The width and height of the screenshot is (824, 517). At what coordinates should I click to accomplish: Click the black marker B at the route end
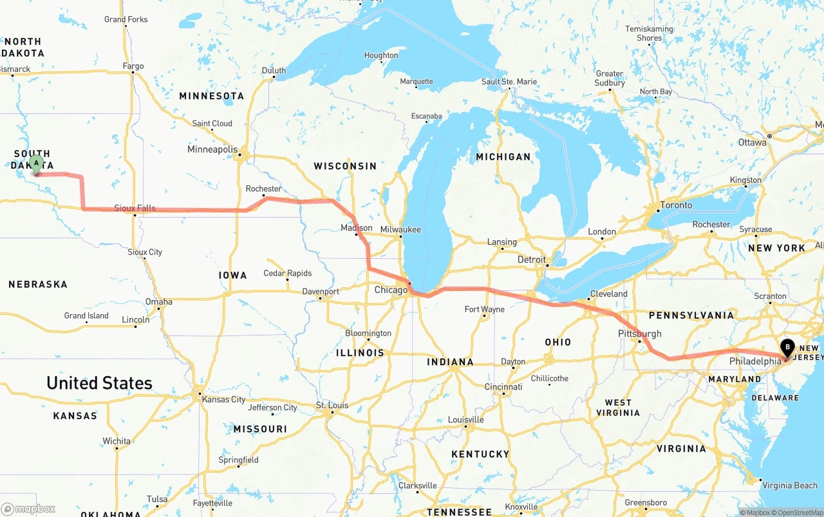(787, 348)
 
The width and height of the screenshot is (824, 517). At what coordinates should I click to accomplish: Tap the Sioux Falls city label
(135, 208)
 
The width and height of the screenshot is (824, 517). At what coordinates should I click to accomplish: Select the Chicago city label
(391, 290)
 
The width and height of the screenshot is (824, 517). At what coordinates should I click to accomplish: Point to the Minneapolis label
(212, 149)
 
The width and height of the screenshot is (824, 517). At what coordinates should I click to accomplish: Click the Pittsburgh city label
(639, 334)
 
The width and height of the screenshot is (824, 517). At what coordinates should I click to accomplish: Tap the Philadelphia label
(754, 361)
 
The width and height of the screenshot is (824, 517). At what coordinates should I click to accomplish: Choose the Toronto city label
(676, 205)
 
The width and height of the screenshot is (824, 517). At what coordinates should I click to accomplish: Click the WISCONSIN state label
(345, 166)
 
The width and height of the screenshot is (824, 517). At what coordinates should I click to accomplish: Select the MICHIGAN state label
(503, 156)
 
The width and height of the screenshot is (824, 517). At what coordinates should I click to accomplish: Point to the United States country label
(99, 383)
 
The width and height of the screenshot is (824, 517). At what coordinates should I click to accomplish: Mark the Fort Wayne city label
(484, 310)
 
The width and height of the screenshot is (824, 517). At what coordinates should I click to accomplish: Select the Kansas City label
(223, 399)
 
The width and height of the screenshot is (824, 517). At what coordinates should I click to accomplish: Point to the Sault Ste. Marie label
(509, 82)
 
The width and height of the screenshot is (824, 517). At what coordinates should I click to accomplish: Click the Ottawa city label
(751, 142)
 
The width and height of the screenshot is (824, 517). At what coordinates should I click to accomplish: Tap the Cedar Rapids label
(288, 273)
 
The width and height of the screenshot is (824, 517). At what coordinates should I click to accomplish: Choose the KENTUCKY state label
(480, 454)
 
